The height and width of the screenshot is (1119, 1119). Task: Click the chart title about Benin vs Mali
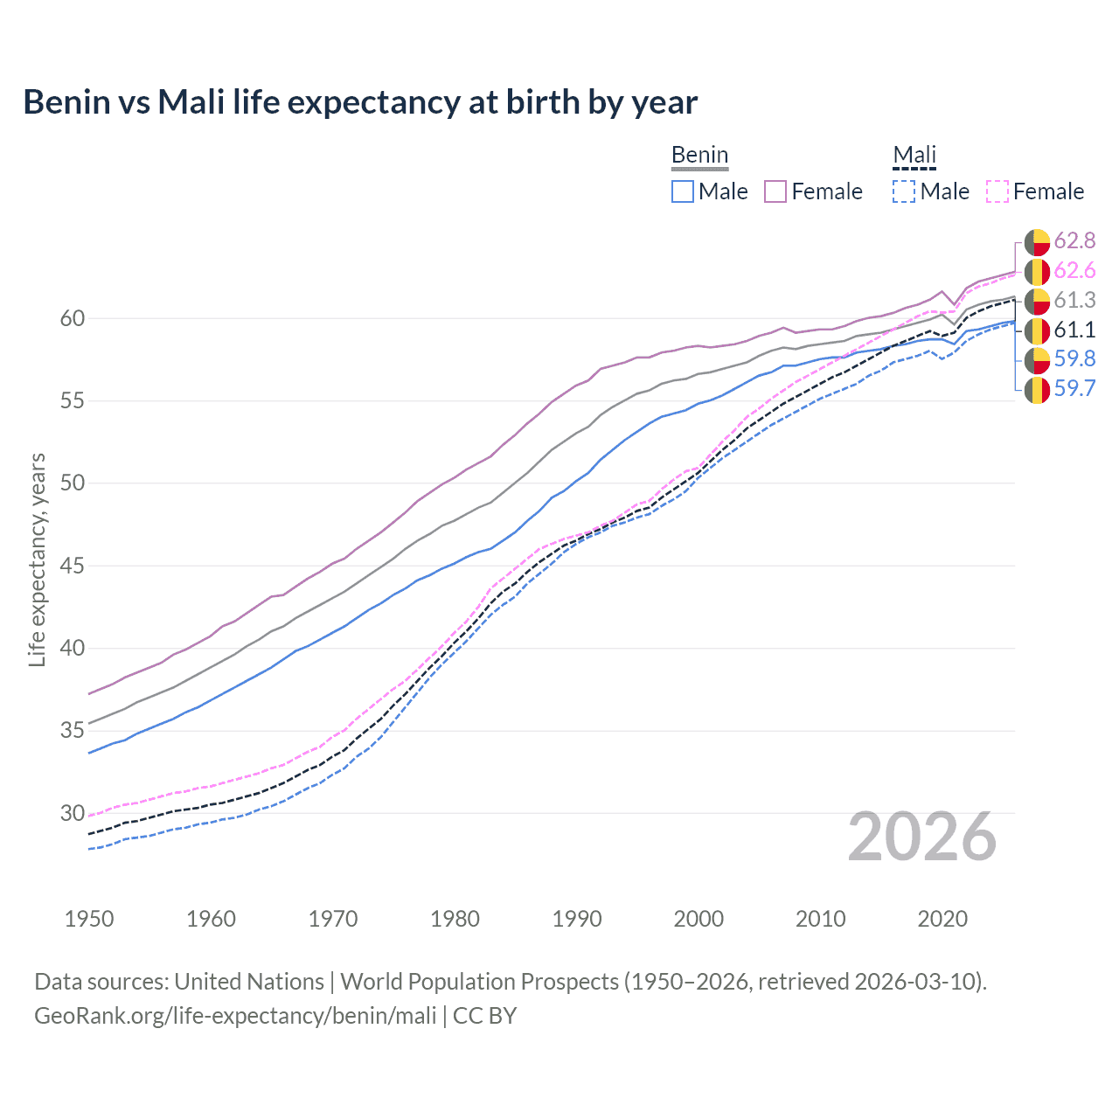360,102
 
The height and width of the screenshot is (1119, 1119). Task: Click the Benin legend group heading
699,156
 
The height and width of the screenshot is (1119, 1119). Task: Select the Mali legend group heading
914,156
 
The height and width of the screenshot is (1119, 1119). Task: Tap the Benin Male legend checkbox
683,191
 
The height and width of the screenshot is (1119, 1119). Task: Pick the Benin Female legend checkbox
775,191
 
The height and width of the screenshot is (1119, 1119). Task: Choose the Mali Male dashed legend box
904,191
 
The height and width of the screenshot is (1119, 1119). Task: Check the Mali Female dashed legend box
997,191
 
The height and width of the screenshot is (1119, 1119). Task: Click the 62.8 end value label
1074,241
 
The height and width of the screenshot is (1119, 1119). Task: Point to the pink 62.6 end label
1074,271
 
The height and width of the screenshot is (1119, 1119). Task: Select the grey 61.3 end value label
1074,301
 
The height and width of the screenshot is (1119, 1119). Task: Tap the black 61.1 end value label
1074,330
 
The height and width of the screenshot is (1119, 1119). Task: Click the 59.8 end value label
1074,359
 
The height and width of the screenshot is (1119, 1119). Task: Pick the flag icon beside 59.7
1037,390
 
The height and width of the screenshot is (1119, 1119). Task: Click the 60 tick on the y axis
73,319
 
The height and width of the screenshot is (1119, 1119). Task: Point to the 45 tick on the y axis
73,566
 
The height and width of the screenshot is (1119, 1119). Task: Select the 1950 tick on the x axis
89,919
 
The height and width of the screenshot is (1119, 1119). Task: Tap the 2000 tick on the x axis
699,919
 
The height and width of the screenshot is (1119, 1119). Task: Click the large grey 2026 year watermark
921,838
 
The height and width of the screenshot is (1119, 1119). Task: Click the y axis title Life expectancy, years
38,559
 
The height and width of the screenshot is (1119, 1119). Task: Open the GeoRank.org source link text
235,1016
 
